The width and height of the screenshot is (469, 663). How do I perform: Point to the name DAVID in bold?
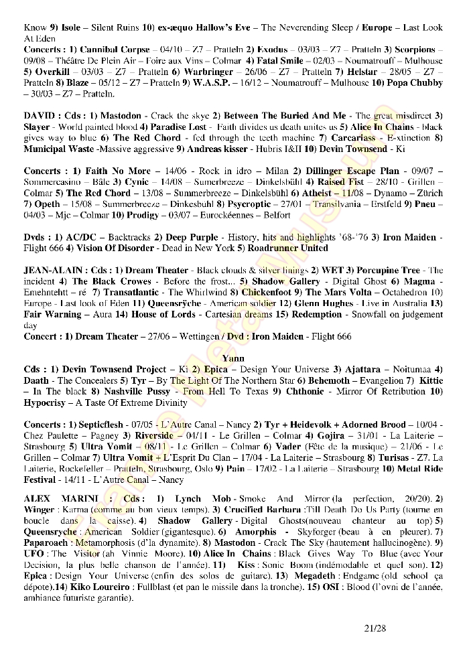point(38,116)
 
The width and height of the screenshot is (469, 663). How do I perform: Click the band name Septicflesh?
point(104,425)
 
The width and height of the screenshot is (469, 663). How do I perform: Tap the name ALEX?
point(38,499)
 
